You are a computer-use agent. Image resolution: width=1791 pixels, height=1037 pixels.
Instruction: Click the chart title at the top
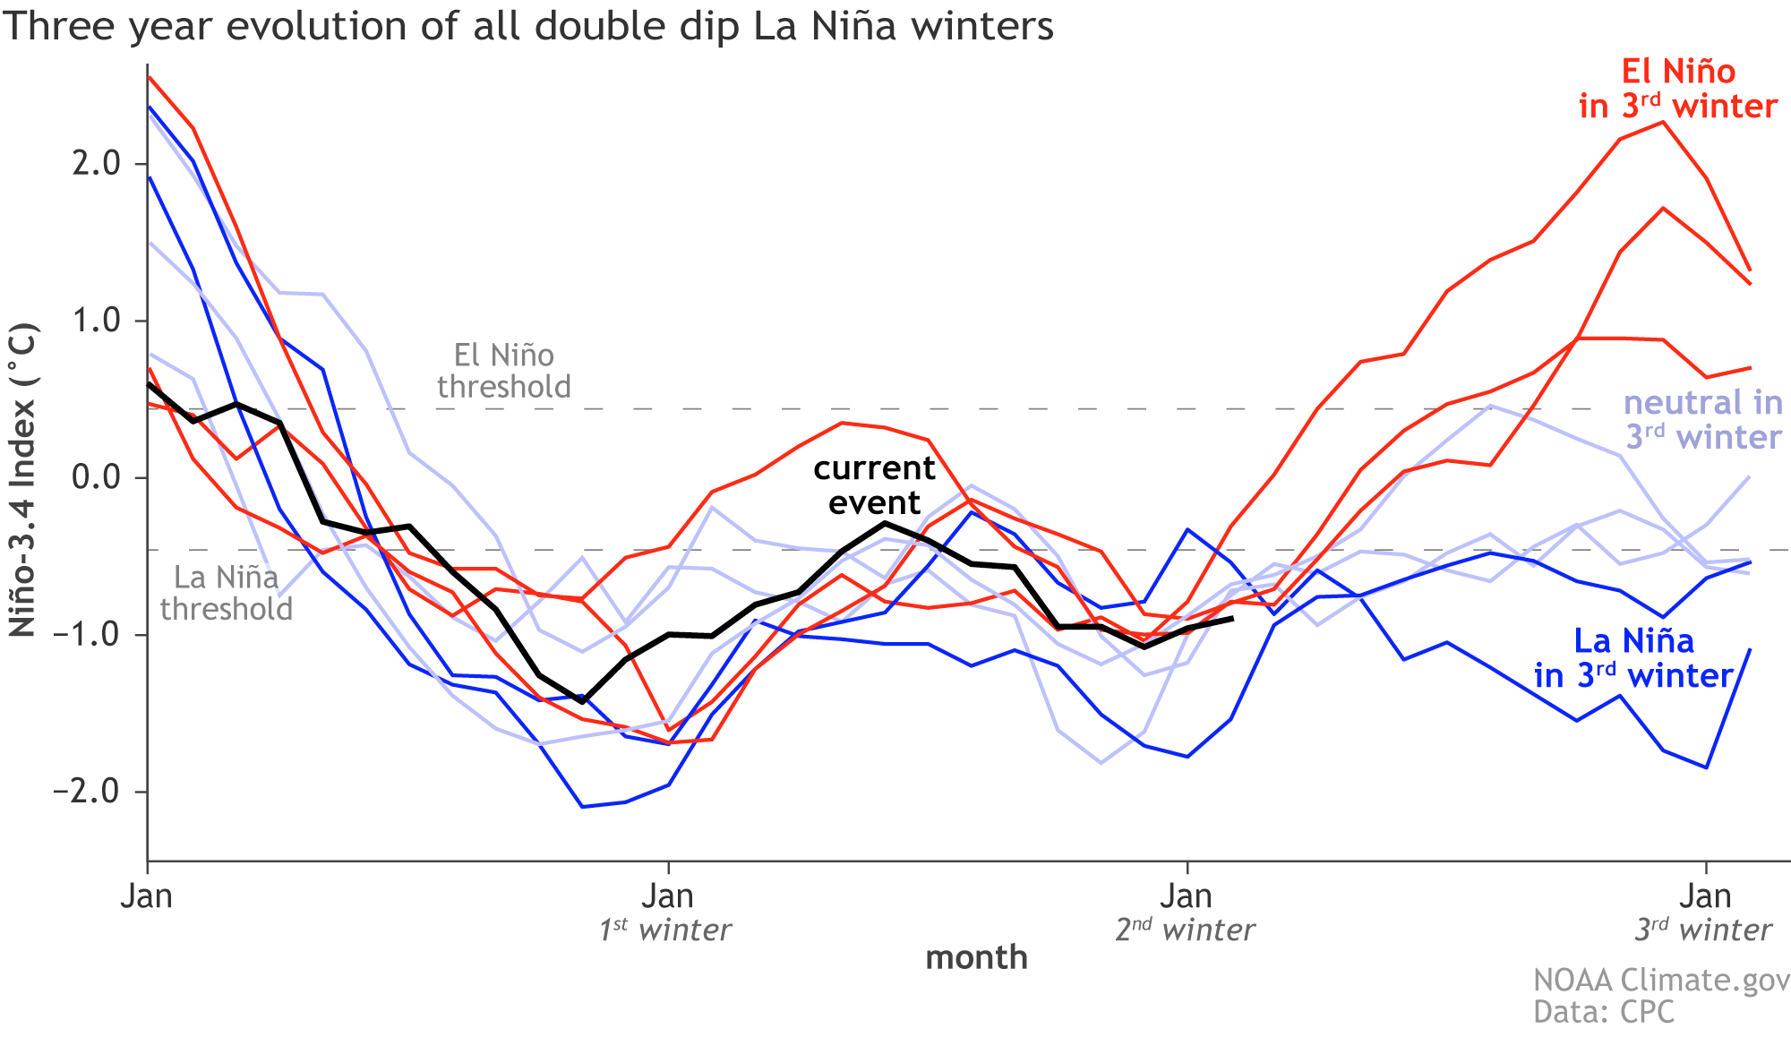(x=528, y=26)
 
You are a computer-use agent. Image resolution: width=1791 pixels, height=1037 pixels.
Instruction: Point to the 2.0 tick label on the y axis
(x=98, y=164)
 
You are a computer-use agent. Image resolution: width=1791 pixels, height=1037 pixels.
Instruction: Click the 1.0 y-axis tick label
(x=98, y=321)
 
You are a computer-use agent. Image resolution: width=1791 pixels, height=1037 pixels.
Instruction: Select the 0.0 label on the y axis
(x=98, y=477)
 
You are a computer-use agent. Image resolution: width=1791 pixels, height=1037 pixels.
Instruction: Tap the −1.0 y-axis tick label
(x=88, y=635)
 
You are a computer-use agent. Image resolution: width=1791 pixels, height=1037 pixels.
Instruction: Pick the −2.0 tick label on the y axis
(x=88, y=792)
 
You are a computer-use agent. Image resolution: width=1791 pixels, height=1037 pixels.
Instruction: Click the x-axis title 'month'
(x=976, y=957)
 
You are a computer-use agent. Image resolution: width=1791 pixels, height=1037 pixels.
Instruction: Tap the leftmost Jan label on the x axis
(x=147, y=896)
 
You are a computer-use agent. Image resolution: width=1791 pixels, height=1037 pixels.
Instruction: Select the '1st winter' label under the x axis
(x=665, y=930)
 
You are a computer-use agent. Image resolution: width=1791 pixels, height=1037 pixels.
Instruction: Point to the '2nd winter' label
(x=1185, y=930)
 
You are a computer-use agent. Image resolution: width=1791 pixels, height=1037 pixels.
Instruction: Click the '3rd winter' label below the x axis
(x=1703, y=930)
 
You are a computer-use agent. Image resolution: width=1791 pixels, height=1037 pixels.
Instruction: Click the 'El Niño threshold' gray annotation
(x=504, y=371)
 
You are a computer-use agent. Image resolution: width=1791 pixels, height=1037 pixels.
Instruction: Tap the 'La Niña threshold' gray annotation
(x=227, y=593)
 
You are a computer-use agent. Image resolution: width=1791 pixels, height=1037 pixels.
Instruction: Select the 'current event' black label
(x=874, y=484)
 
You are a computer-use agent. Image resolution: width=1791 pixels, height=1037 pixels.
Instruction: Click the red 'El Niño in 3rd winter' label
(x=1677, y=89)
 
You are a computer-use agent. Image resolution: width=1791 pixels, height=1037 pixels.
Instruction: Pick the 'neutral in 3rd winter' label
(x=1702, y=419)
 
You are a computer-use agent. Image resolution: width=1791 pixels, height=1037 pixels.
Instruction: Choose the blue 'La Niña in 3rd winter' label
(x=1633, y=658)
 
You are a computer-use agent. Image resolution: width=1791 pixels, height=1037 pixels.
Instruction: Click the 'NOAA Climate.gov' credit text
(x=1661, y=980)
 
